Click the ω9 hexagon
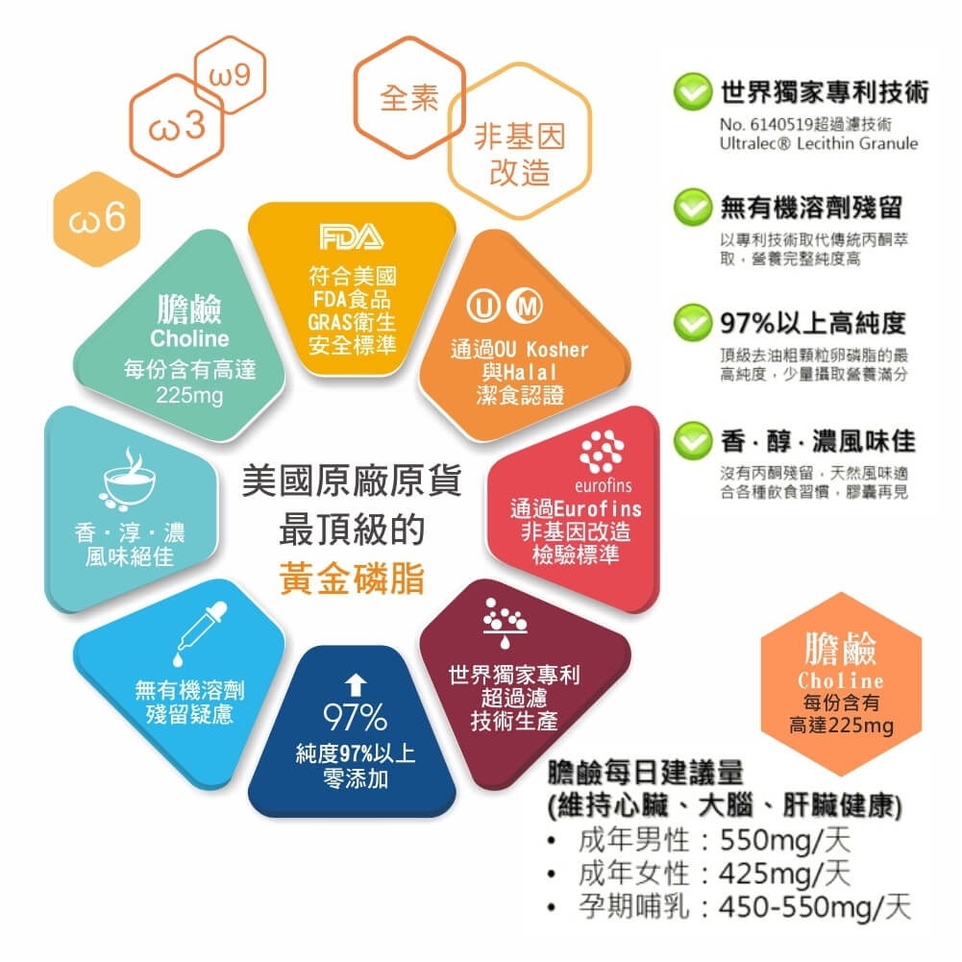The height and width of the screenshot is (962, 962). click(230, 75)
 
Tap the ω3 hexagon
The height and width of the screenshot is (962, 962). click(177, 125)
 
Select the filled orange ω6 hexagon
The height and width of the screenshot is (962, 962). click(97, 219)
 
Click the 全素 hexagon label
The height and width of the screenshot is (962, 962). click(409, 98)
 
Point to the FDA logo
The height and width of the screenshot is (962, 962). click(352, 236)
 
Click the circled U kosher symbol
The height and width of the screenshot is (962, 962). click(483, 306)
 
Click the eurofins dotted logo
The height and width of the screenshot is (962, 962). click(603, 452)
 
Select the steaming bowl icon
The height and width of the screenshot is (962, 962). click(128, 480)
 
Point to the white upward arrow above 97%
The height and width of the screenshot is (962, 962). click(356, 685)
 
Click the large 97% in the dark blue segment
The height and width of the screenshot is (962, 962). click(356, 717)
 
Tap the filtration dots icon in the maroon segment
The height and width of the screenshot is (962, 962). click(505, 622)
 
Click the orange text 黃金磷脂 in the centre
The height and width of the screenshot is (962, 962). click(352, 578)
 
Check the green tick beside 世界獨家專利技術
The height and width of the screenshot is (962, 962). click(693, 92)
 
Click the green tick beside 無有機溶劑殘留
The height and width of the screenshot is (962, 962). click(693, 208)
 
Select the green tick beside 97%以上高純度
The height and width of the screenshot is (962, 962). click(693, 323)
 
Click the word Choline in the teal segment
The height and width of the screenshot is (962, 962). click(189, 338)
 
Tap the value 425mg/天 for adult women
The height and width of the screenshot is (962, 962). click(785, 873)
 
